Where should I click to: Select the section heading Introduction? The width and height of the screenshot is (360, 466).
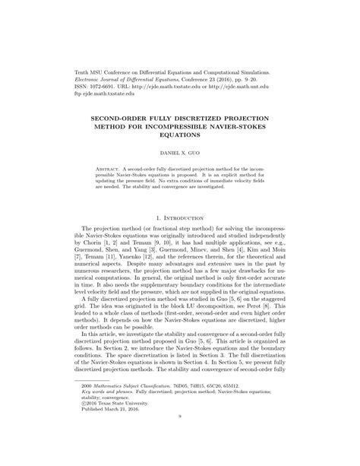click(x=185, y=220)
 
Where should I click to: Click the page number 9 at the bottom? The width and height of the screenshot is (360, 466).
click(x=179, y=457)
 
